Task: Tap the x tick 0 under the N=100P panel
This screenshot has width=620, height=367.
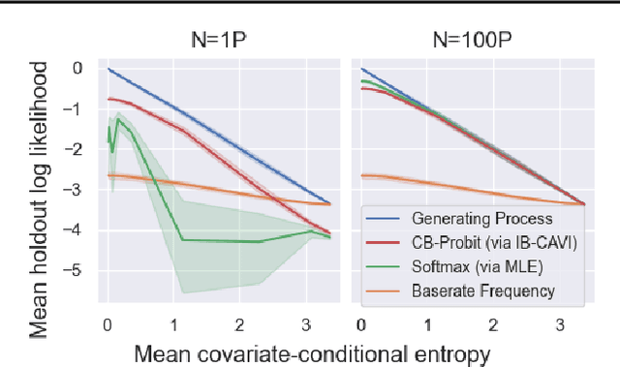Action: coord(360,321)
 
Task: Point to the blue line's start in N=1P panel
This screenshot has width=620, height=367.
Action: coord(108,69)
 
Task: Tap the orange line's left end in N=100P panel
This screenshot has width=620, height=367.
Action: coord(361,175)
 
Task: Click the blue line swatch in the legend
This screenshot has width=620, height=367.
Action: coord(382,220)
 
